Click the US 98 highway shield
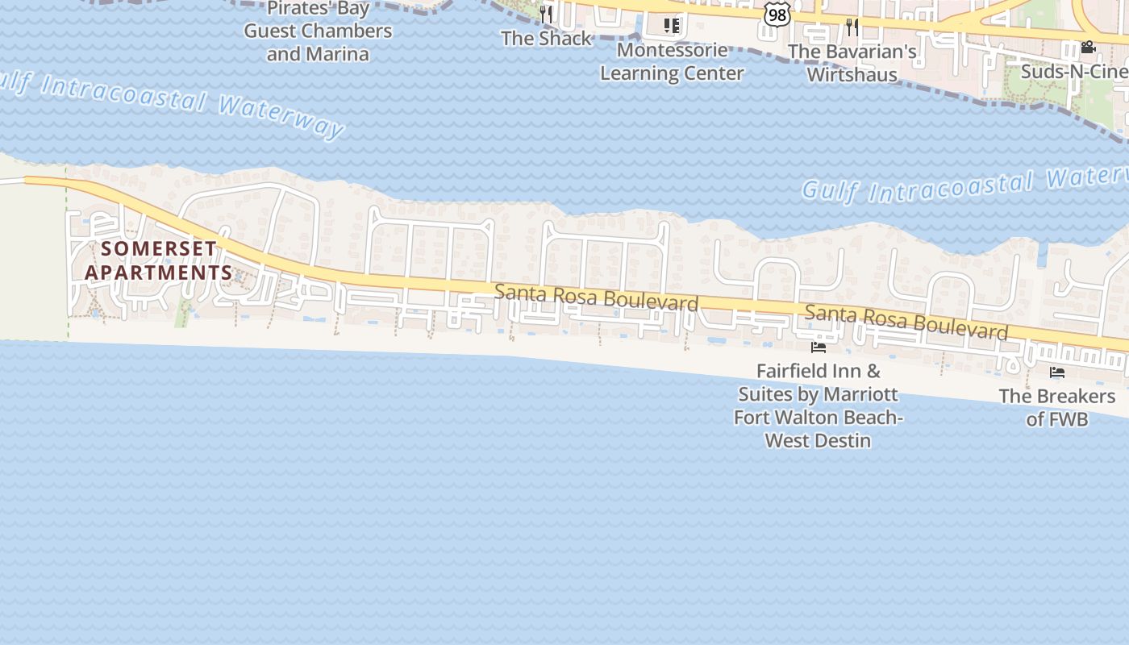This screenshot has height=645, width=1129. click(777, 14)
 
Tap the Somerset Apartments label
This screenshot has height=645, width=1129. click(159, 260)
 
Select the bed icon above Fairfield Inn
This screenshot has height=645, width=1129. click(819, 347)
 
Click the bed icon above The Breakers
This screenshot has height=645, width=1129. click(1056, 372)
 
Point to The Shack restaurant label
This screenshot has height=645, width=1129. click(546, 39)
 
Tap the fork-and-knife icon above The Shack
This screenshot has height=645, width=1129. click(546, 14)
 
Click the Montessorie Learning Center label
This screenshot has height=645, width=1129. click(672, 61)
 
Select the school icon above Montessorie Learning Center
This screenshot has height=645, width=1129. click(672, 26)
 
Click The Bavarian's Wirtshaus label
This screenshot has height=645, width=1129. click(852, 63)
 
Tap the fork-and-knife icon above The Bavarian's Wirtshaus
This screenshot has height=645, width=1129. click(852, 27)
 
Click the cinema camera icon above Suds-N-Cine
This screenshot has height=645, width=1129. click(1088, 47)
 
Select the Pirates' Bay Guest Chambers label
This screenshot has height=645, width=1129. click(318, 31)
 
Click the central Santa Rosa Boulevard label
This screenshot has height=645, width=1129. click(596, 297)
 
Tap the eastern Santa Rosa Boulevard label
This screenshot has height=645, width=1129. click(906, 322)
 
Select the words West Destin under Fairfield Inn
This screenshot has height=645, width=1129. click(818, 441)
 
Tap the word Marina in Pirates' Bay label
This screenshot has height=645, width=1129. click(340, 55)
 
